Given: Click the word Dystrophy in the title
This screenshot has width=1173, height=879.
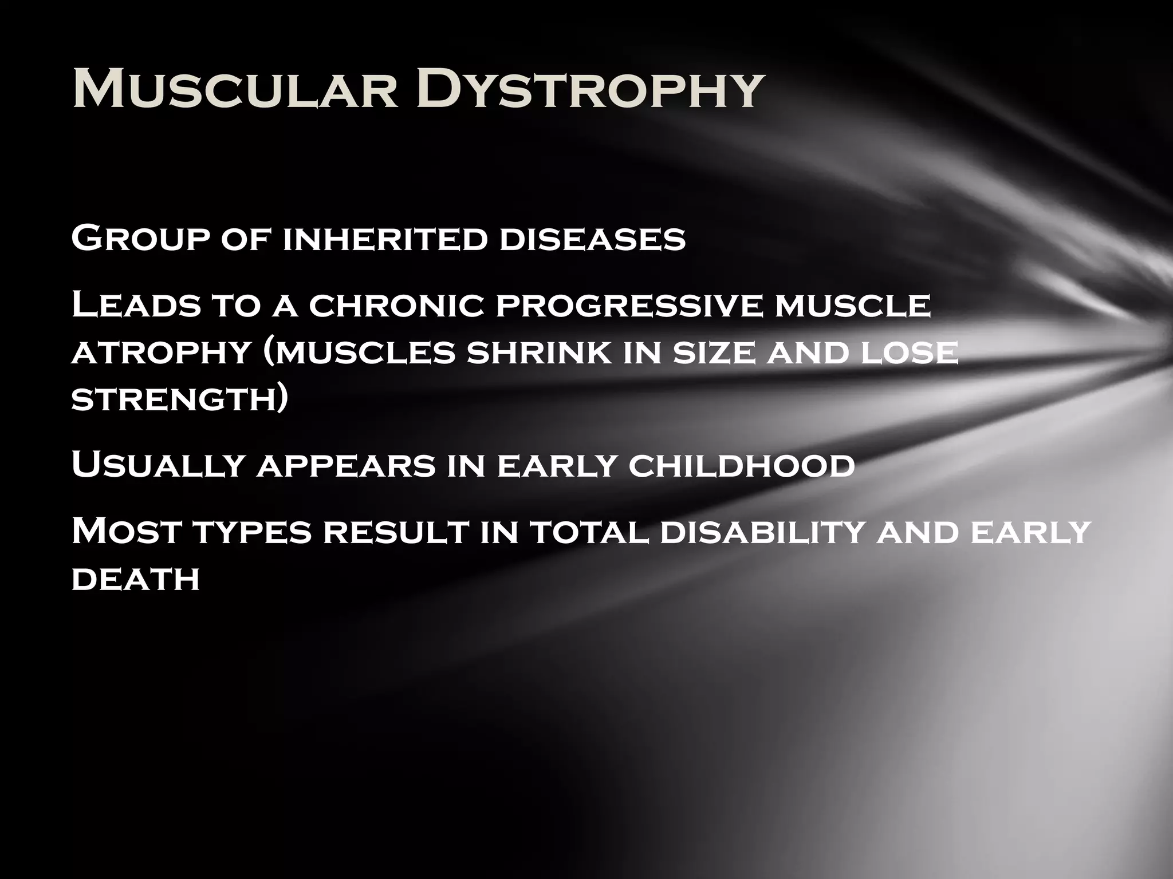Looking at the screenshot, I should click(x=590, y=90).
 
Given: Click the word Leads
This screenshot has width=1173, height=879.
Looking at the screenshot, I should click(x=136, y=306).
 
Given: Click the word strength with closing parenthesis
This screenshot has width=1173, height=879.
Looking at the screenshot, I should click(x=179, y=399).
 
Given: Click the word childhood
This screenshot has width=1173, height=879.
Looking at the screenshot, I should click(x=741, y=465).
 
